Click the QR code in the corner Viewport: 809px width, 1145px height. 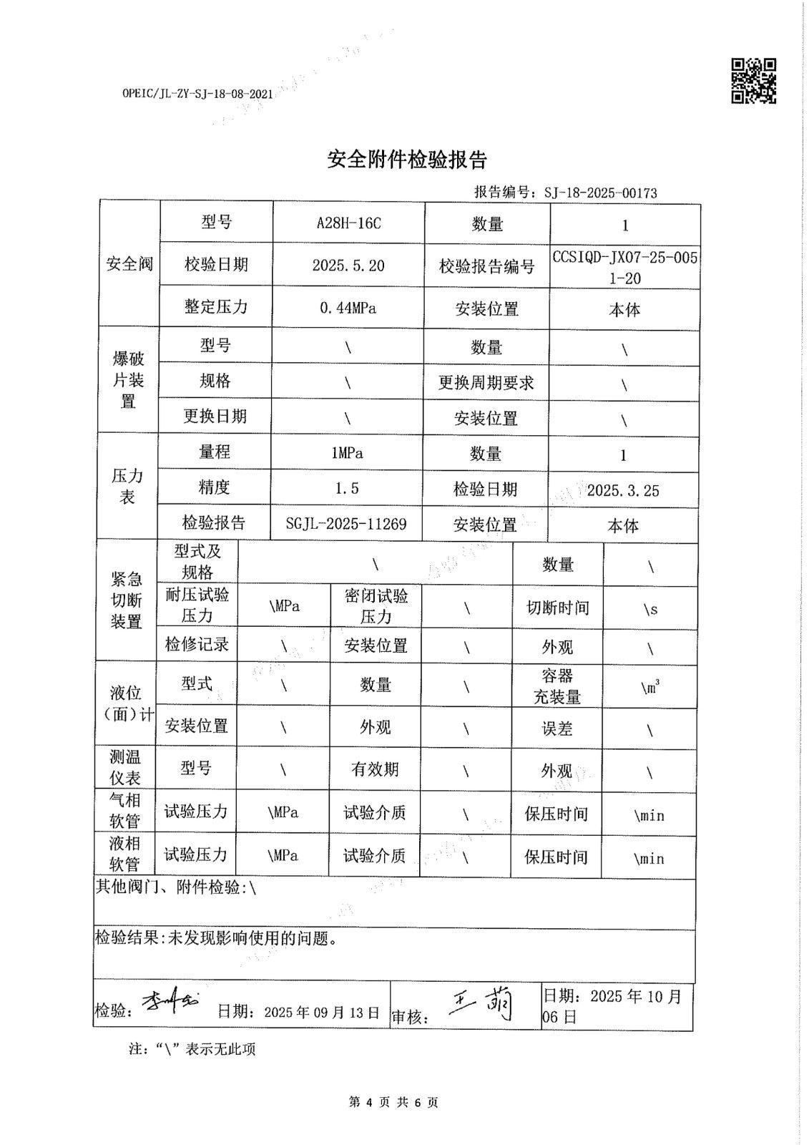[753, 81]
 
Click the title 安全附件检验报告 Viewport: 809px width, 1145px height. [407, 160]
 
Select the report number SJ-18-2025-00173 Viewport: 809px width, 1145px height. [600, 193]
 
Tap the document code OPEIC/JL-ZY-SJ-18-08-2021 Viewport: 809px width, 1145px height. [197, 94]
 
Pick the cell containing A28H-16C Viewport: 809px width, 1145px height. [348, 223]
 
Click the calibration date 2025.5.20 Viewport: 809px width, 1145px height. [348, 265]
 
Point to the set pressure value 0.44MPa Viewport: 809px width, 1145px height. [348, 308]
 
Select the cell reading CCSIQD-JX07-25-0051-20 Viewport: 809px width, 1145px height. [624, 268]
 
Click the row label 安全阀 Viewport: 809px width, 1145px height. [129, 264]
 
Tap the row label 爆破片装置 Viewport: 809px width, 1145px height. [128, 380]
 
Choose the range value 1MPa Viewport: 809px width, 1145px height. [347, 453]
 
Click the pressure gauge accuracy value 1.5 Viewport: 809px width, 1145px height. [347, 489]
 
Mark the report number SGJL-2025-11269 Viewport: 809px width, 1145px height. [346, 524]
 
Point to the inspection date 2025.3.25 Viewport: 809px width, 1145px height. [623, 490]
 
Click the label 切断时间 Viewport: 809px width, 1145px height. [558, 608]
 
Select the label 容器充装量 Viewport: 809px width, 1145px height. [557, 686]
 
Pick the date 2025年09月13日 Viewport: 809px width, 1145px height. [321, 1012]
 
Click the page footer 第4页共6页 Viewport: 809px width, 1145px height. [393, 1102]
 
